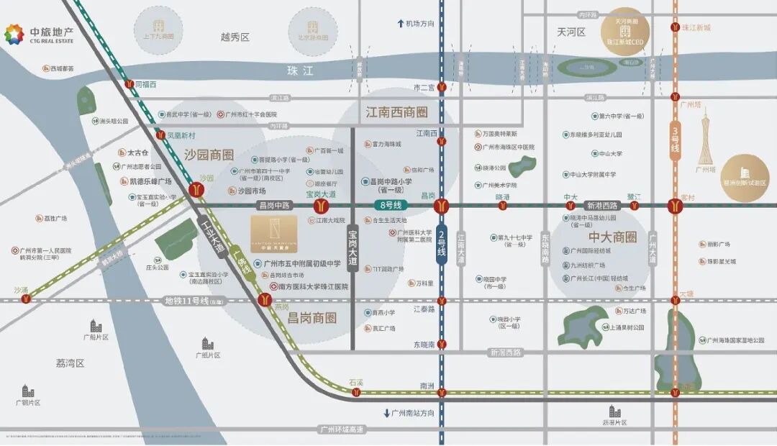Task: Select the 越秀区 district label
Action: pos(235,37)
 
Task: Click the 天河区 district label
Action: pos(571,32)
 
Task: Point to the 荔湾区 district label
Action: pos(70,363)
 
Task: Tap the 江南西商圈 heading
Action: pos(396,112)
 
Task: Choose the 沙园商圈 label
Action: pos(209,155)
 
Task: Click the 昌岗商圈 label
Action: pos(312,317)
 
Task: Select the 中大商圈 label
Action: pos(613,237)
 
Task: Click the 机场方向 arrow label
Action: pos(417,24)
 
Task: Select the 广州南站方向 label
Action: pos(409,414)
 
